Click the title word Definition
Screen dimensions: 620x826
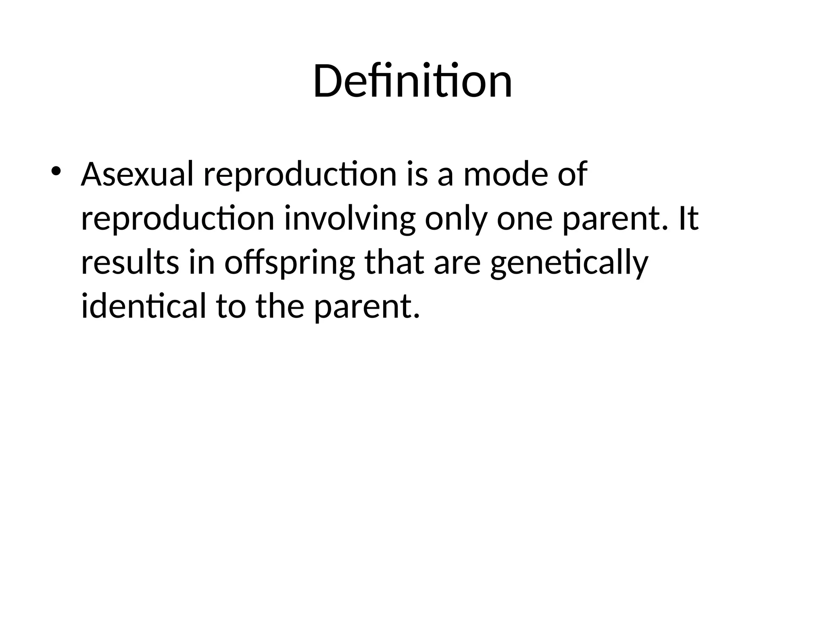coord(412,82)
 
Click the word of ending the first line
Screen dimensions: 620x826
coord(572,174)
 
